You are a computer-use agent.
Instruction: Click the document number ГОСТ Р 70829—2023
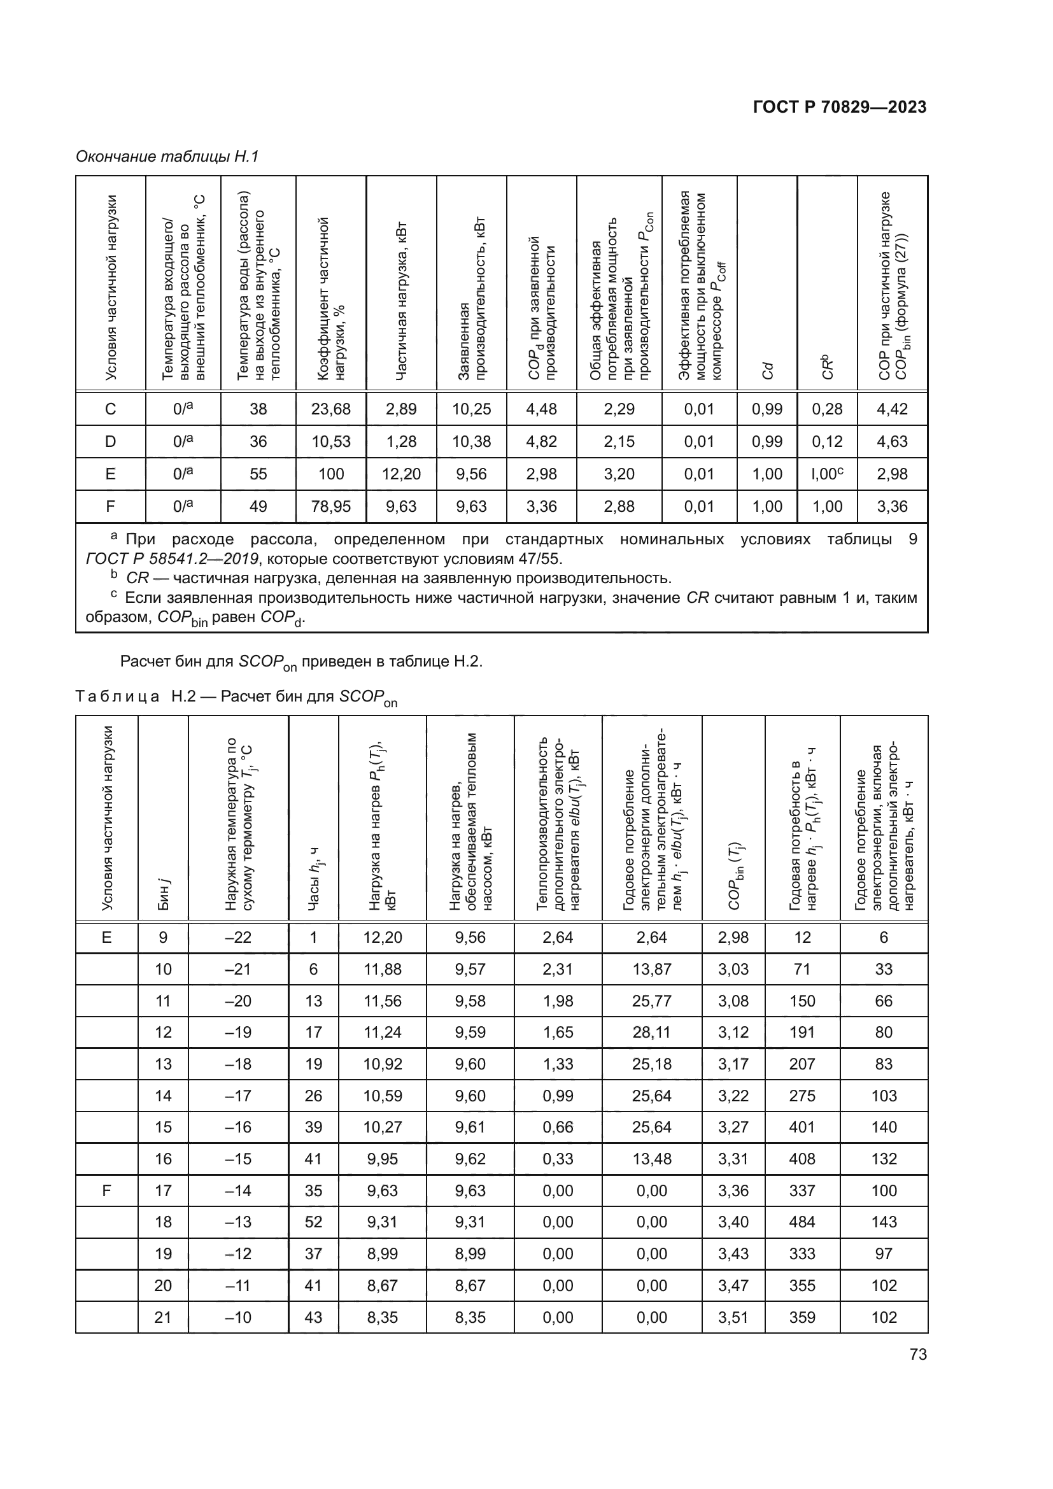pyautogui.click(x=840, y=108)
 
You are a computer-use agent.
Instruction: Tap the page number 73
pyautogui.click(x=917, y=1354)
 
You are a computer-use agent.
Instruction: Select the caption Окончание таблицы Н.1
pyautogui.click(x=167, y=157)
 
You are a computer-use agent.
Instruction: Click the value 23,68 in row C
pyautogui.click(x=330, y=409)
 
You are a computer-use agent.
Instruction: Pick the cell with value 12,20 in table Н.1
pyautogui.click(x=400, y=474)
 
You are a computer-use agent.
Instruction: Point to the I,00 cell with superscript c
pyautogui.click(x=827, y=474)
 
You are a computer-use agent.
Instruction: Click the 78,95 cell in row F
pyautogui.click(x=330, y=507)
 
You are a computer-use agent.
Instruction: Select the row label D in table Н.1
pyautogui.click(x=110, y=442)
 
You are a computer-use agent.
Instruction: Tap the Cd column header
pyautogui.click(x=767, y=370)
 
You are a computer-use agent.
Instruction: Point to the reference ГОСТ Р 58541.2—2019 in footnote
pyautogui.click(x=172, y=559)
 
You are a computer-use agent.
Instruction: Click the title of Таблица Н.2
pyautogui.click(x=236, y=697)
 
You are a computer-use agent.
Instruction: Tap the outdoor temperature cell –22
pyautogui.click(x=238, y=937)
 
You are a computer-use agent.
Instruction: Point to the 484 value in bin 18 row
pyautogui.click(x=802, y=1222)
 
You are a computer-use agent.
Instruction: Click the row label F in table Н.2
pyautogui.click(x=106, y=1190)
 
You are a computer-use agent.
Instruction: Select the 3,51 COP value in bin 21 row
pyautogui.click(x=733, y=1318)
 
